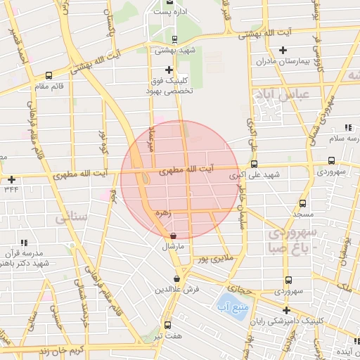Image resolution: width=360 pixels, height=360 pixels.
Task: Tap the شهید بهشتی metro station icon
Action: [174, 39]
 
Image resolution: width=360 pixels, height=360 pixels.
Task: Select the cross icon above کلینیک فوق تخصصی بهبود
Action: [169, 70]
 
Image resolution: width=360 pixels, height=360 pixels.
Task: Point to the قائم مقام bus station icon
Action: [49, 75]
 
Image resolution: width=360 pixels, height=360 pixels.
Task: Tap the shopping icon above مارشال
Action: [173, 236]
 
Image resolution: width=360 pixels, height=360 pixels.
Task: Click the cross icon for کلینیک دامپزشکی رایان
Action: [286, 309]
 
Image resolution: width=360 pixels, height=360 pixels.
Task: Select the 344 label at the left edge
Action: [11, 189]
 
